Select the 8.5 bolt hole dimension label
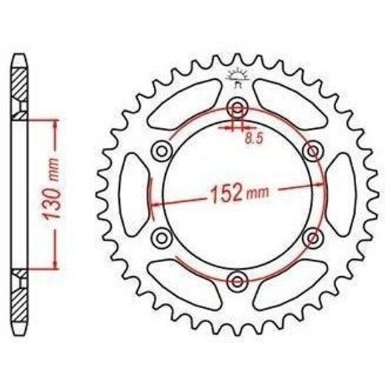[254, 139]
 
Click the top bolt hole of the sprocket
[238, 108]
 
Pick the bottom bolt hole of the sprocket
[238, 281]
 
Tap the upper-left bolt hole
[161, 151]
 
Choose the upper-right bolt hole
[313, 150]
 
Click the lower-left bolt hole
[161, 238]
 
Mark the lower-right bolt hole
[313, 238]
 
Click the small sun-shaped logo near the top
[238, 76]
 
